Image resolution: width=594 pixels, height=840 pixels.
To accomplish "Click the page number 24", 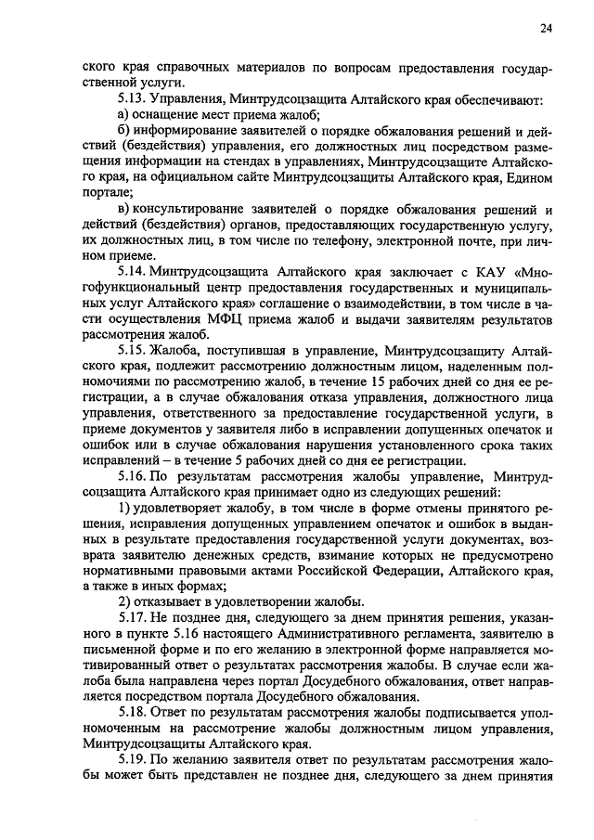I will (545, 29).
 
